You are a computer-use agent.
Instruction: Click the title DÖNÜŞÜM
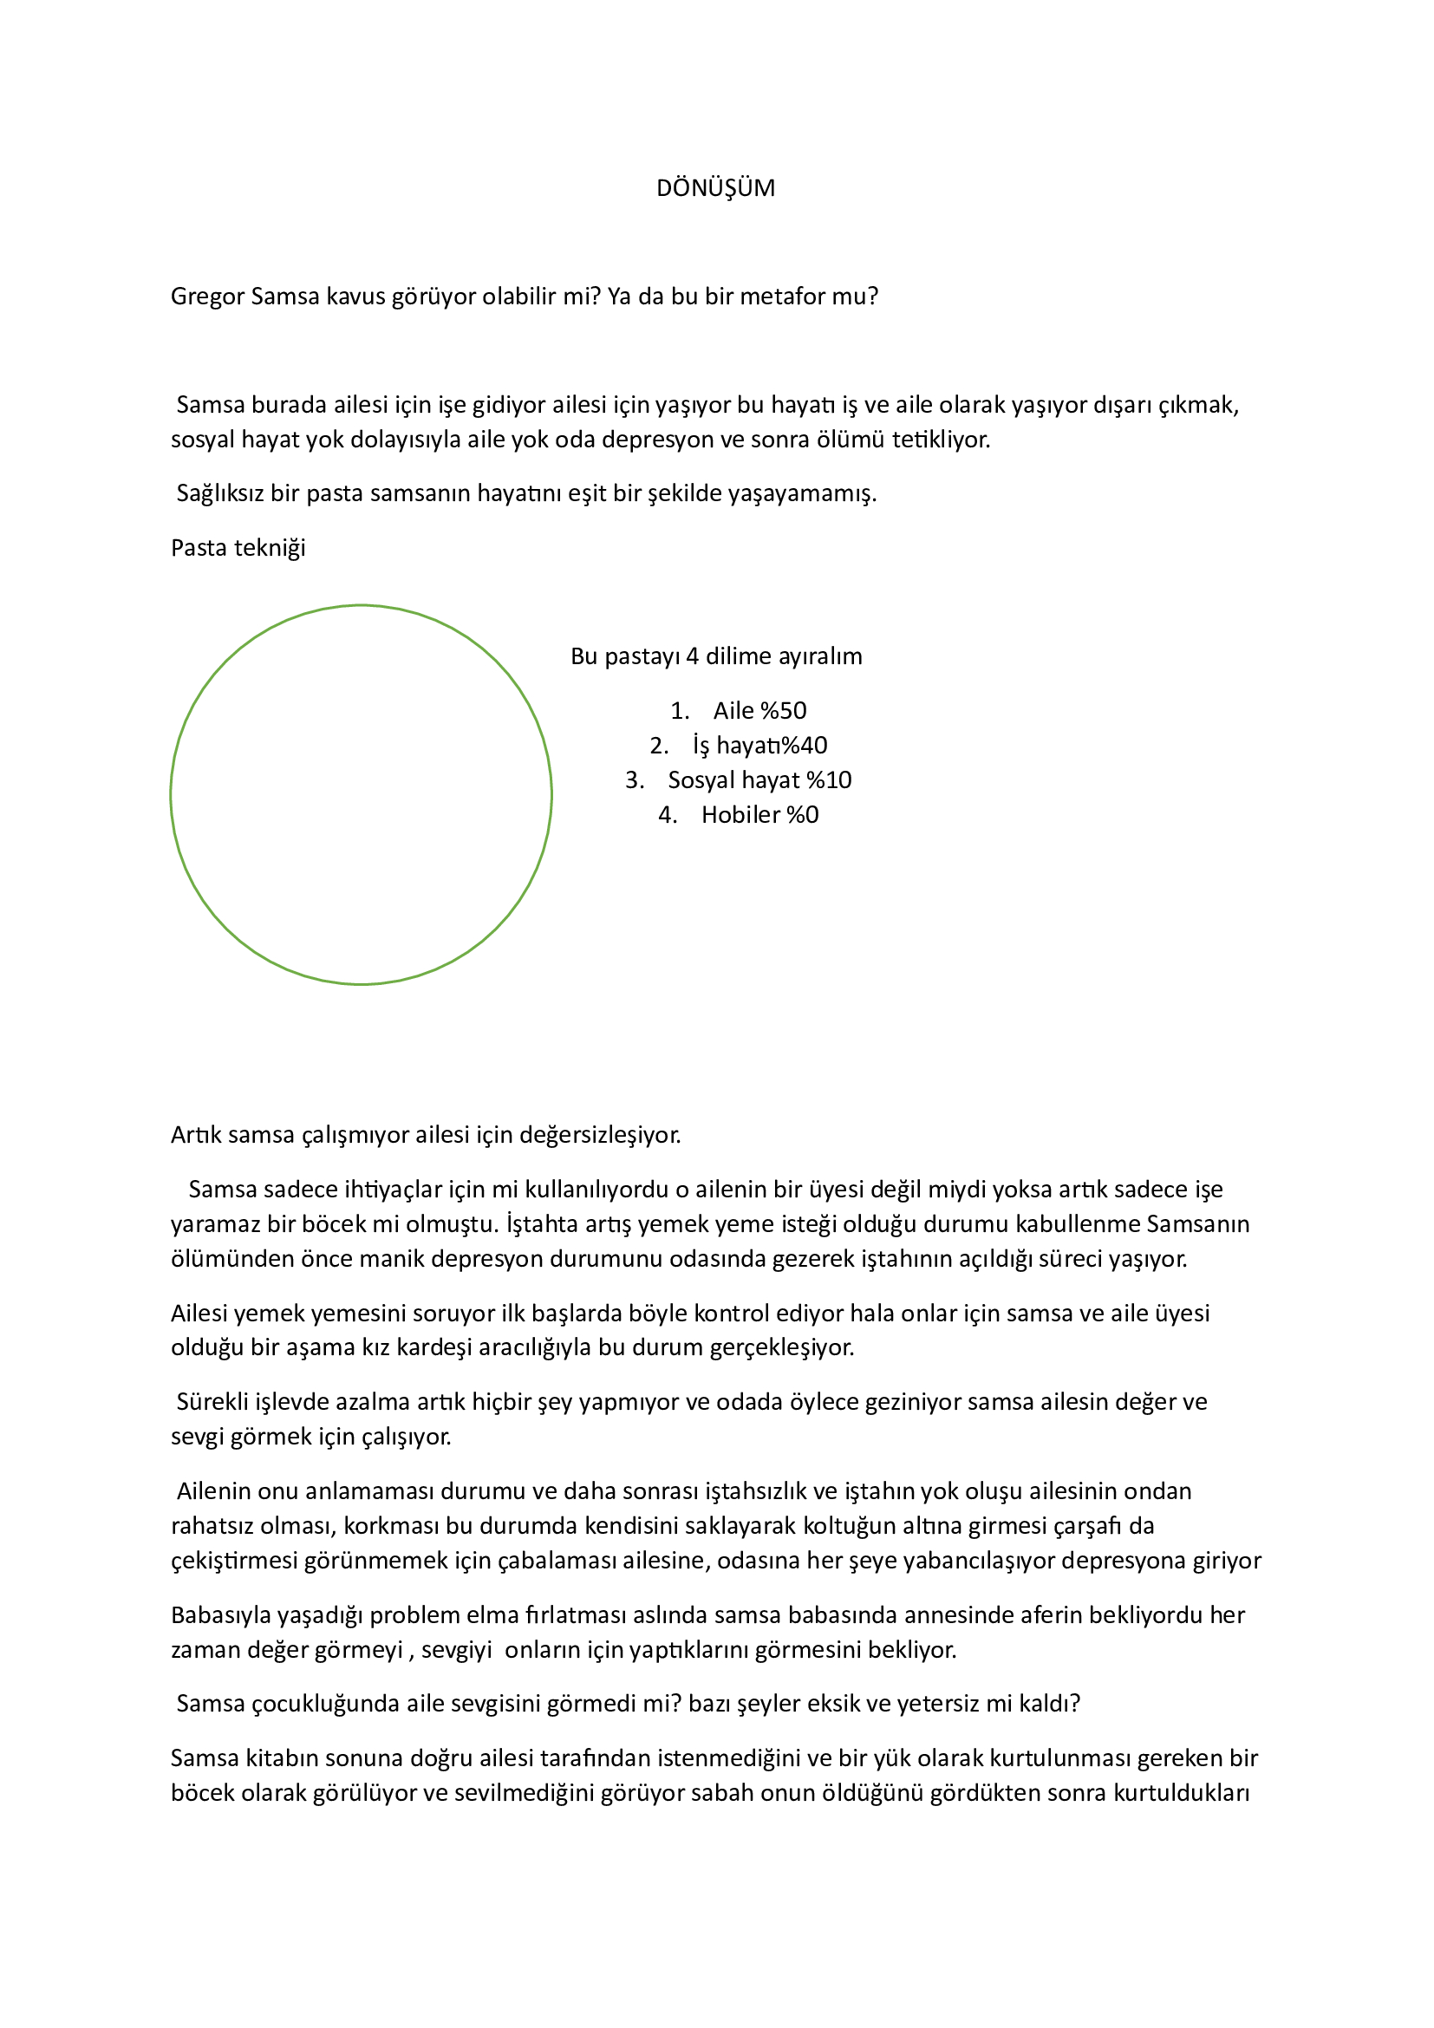[715, 188]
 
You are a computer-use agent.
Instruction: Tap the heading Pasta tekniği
[238, 549]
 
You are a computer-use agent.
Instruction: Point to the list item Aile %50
[759, 711]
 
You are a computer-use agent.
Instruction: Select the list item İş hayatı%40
[759, 747]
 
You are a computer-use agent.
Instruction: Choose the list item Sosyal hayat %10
[759, 781]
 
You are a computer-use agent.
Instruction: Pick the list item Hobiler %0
[759, 815]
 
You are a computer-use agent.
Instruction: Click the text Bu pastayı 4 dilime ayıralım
[716, 656]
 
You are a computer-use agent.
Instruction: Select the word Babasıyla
[221, 1615]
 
